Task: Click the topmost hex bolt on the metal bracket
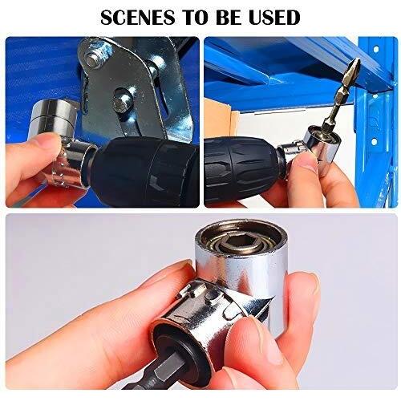94,57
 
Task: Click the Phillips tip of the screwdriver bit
354,68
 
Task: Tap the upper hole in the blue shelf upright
376,49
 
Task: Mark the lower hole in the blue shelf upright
374,141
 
